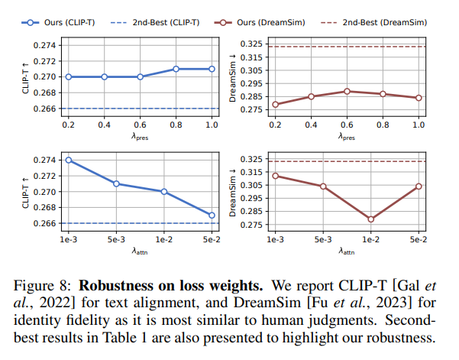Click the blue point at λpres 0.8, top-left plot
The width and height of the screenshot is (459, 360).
tap(176, 69)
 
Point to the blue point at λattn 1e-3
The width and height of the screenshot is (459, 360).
tap(69, 160)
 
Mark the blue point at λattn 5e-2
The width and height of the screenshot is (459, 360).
tap(212, 215)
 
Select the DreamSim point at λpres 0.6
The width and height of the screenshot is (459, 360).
tap(347, 91)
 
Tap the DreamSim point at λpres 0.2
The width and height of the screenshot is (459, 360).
tap(276, 104)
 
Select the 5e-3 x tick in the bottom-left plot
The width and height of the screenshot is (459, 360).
tap(116, 239)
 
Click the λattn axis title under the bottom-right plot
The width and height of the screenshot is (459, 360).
tap(347, 251)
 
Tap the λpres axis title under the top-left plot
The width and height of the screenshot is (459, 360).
tap(141, 136)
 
